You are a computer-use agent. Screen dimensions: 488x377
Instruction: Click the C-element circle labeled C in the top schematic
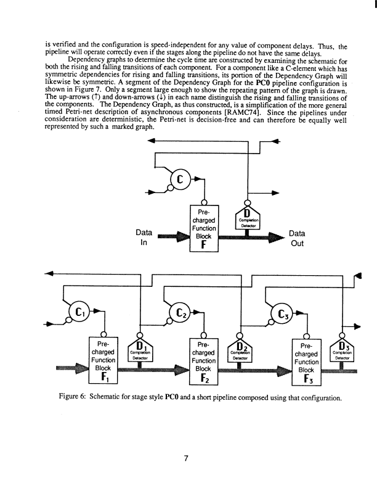(180, 180)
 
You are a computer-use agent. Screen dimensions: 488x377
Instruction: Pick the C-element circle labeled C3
(284, 315)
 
